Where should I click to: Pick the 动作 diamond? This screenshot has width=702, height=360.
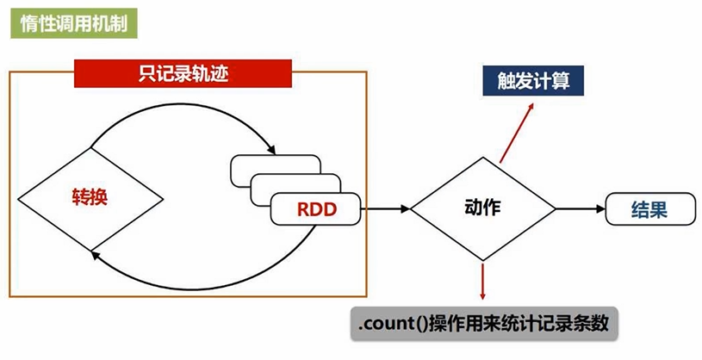[483, 208]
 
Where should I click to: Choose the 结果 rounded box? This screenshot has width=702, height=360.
[648, 208]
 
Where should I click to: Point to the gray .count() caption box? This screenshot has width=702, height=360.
[483, 324]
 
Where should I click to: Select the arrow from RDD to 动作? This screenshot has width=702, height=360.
[386, 208]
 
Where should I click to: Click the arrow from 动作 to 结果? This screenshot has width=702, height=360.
[581, 208]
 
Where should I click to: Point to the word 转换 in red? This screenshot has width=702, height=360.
[89, 196]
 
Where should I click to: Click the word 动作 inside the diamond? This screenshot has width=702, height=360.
[483, 208]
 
